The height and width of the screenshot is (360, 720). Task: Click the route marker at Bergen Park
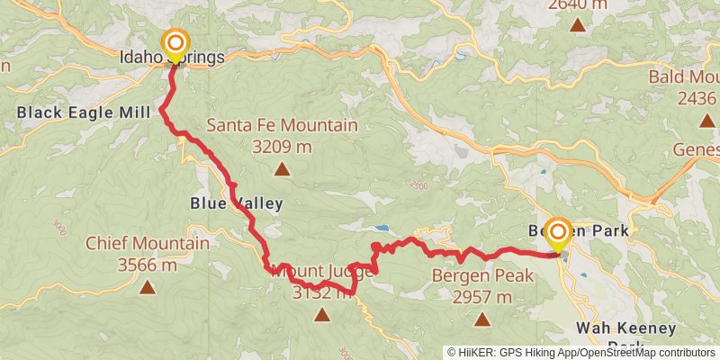(557, 234)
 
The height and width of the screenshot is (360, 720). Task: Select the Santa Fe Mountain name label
(282, 126)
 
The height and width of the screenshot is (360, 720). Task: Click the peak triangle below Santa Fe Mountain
(283, 168)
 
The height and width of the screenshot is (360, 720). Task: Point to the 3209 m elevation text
(282, 145)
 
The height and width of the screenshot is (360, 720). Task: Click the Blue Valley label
(237, 203)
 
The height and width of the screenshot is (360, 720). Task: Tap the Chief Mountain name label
(148, 244)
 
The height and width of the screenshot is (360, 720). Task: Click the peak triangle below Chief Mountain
(148, 287)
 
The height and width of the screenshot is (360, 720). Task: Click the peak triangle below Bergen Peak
(482, 319)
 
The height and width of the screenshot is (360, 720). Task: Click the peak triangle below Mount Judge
(322, 314)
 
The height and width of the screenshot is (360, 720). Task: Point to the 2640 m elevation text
(577, 4)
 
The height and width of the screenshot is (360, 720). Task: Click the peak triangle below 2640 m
(577, 24)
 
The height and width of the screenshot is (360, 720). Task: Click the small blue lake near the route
(382, 229)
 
